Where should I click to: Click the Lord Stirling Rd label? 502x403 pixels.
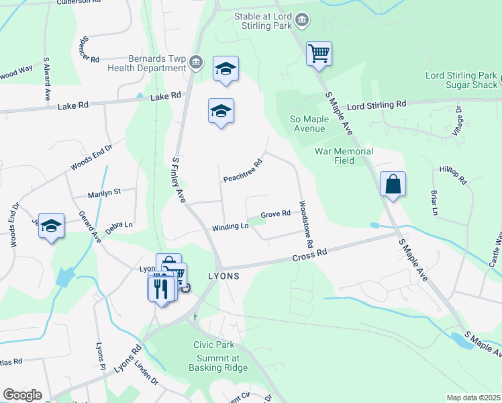[376, 105]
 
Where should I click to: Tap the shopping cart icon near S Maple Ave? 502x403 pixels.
[319, 53]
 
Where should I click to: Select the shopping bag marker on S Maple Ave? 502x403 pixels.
[393, 184]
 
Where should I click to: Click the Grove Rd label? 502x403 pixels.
[275, 214]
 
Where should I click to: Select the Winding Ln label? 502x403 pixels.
[230, 227]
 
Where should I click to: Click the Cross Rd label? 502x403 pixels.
[309, 255]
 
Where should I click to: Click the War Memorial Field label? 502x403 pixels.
[344, 156]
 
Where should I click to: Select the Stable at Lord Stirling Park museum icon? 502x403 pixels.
[302, 19]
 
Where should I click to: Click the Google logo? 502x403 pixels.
[22, 395]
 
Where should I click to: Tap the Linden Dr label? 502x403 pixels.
[145, 371]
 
